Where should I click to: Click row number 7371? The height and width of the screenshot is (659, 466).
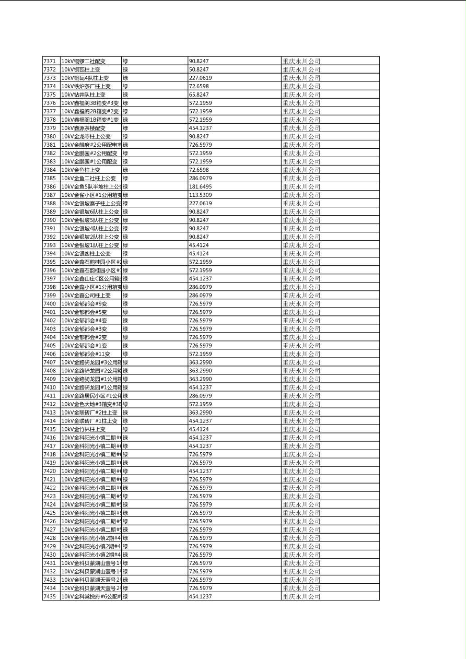[x=50, y=61]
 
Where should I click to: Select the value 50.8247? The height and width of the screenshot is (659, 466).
[x=199, y=69]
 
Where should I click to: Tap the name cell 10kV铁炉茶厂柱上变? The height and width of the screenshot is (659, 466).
[x=86, y=86]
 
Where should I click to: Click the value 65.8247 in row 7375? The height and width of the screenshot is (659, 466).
[x=199, y=95]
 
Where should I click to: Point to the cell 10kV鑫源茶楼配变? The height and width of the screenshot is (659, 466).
[x=84, y=128]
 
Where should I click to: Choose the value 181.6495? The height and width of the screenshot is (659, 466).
[x=201, y=186]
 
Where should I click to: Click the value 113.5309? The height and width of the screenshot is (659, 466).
[x=201, y=195]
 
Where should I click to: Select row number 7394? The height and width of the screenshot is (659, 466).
[x=50, y=253]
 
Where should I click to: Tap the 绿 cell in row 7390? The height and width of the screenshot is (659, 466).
[x=125, y=220]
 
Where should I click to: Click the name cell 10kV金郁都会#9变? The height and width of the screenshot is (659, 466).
[x=84, y=303]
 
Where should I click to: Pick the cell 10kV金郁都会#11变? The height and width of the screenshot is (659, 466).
[x=86, y=354]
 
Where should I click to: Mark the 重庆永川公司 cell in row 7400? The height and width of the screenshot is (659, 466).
[x=301, y=303]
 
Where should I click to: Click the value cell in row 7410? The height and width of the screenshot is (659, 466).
[x=201, y=387]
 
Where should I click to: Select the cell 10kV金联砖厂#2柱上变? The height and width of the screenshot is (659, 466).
[x=89, y=412]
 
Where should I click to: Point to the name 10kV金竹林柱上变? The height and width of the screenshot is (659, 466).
[x=84, y=429]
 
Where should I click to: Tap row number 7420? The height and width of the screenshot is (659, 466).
[x=50, y=470]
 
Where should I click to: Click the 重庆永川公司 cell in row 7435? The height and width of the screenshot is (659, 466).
[x=301, y=596]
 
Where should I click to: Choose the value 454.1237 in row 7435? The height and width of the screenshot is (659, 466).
[x=201, y=596]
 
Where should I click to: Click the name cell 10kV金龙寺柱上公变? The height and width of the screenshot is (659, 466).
[x=86, y=136]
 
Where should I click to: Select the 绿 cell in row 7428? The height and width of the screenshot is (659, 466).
[x=125, y=538]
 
